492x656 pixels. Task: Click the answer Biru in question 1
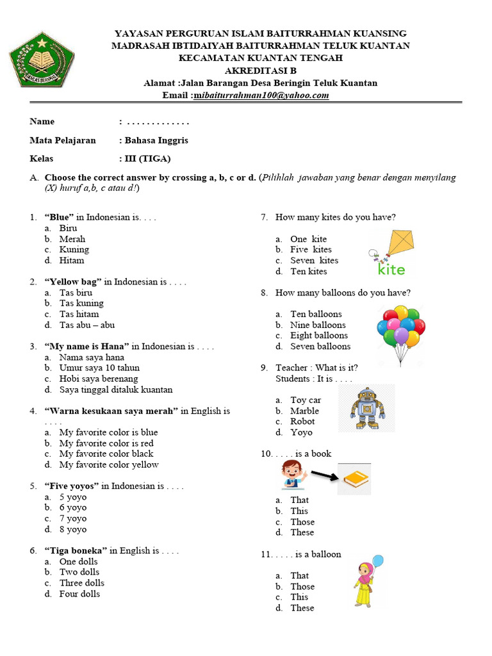68,228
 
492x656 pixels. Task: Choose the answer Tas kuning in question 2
81,303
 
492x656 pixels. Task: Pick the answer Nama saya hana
92,357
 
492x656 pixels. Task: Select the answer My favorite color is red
106,443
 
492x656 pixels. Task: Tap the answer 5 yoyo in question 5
72,497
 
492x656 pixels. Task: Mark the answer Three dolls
81,583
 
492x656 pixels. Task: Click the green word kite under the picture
391,270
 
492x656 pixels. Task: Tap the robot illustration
367,408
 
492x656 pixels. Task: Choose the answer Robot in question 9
302,422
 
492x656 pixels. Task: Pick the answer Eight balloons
318,336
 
